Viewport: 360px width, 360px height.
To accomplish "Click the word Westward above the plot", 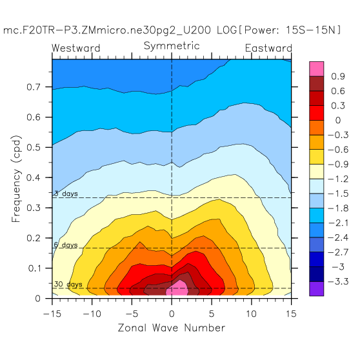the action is (76, 48).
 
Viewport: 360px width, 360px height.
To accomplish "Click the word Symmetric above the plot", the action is (172, 46).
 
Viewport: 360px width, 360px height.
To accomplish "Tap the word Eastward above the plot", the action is (268, 48).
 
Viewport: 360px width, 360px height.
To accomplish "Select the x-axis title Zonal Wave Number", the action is (172, 328).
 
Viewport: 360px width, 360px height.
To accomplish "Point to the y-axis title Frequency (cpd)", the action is (16, 179).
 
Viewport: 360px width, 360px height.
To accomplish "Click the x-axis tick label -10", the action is (92, 314).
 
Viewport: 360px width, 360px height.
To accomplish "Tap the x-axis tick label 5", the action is (212, 314).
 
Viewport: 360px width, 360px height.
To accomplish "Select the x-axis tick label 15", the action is (291, 314).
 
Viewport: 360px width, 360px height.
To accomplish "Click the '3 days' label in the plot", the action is (66, 194).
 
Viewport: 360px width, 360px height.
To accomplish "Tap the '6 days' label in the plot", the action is (66, 245).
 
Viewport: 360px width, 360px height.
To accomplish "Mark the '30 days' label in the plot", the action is (68, 285).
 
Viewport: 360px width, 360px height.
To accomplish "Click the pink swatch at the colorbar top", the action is (316, 69).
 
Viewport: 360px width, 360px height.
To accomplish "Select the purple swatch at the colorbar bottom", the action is (316, 289).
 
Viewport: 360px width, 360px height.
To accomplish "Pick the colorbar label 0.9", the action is (338, 77).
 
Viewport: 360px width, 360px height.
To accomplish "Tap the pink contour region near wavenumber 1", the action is (177, 288).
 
